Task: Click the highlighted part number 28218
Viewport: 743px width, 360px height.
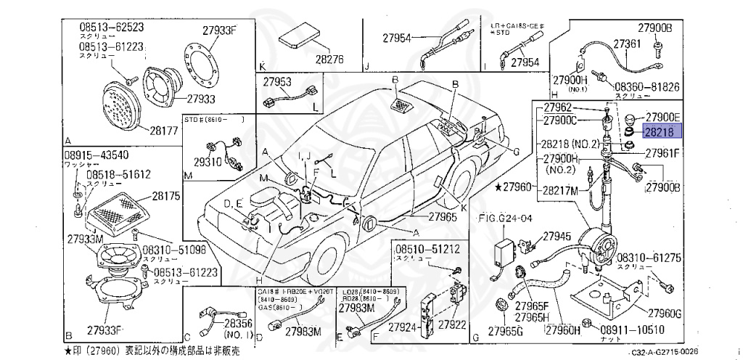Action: [x=660, y=131]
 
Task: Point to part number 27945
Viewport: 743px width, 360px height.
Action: [x=557, y=237]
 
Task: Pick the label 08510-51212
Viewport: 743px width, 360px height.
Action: [x=427, y=250]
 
